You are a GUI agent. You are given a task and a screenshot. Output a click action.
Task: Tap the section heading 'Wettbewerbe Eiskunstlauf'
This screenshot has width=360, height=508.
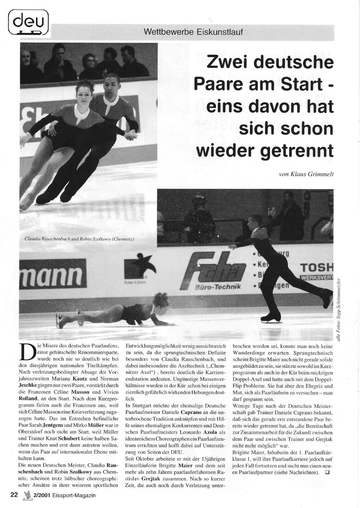tap(193, 32)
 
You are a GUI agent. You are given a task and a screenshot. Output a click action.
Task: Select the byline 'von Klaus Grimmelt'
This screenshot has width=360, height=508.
tap(306, 174)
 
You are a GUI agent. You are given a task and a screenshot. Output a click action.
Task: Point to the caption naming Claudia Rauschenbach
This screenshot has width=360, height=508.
tap(74, 239)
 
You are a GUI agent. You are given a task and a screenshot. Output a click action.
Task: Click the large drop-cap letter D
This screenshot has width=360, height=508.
tap(28, 352)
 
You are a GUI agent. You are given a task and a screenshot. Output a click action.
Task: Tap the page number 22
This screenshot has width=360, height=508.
tap(14, 495)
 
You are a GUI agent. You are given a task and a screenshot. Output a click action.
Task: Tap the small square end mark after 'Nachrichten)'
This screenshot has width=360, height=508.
tap(327, 472)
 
